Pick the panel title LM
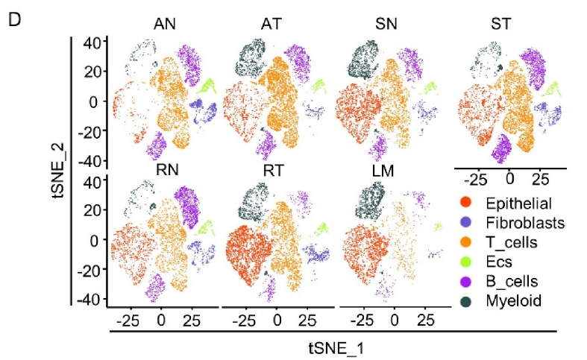pos(386,170)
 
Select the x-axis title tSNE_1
pos(333,347)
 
